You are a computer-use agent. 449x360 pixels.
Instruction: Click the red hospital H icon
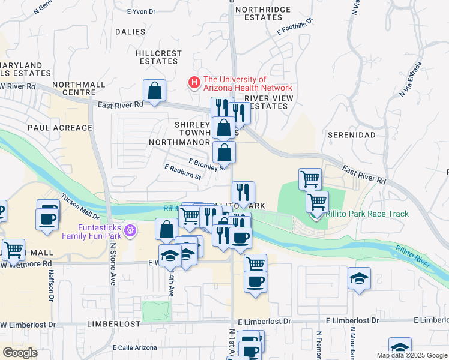coord(194,83)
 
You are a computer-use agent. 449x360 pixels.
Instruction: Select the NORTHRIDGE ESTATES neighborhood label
coord(263,14)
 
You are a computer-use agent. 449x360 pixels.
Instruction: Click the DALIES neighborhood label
coord(130,32)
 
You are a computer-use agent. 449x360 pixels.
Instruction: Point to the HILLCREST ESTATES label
coord(159,57)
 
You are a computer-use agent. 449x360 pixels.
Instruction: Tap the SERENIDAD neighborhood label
coord(351,135)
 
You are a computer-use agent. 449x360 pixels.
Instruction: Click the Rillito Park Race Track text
coord(367,214)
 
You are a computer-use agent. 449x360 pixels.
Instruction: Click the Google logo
coord(20,353)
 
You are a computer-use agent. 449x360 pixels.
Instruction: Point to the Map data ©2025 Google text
coord(412,355)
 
